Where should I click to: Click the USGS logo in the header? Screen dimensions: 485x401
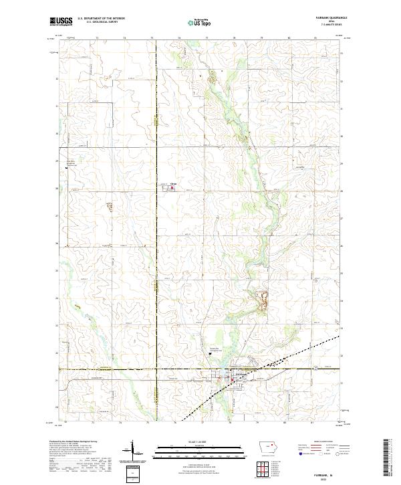61,21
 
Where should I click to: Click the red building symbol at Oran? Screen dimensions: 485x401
172,188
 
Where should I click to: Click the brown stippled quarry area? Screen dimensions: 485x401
263,299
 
